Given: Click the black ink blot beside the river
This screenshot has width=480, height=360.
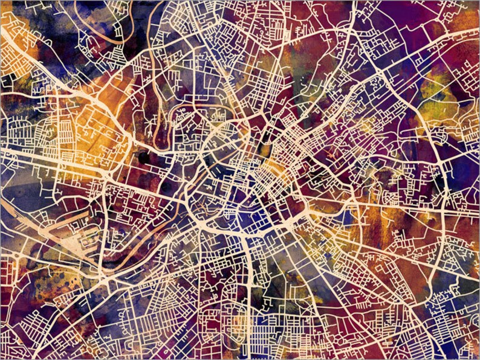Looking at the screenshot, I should tap(144, 158).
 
